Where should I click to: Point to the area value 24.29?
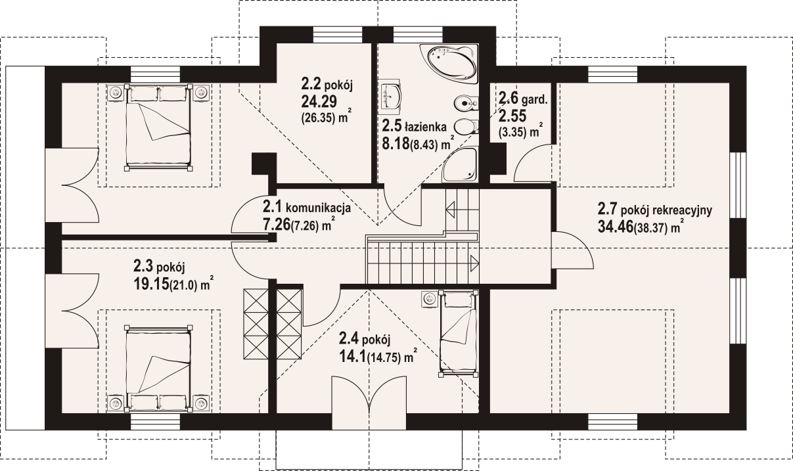[319, 102]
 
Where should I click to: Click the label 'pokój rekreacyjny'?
[667, 211]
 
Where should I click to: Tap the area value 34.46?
[616, 227]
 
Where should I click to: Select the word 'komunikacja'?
[318, 208]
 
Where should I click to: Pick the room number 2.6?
[509, 97]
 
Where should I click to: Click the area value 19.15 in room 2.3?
[151, 284]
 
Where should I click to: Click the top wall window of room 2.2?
[338, 35]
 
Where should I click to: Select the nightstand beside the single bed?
[430, 299]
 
